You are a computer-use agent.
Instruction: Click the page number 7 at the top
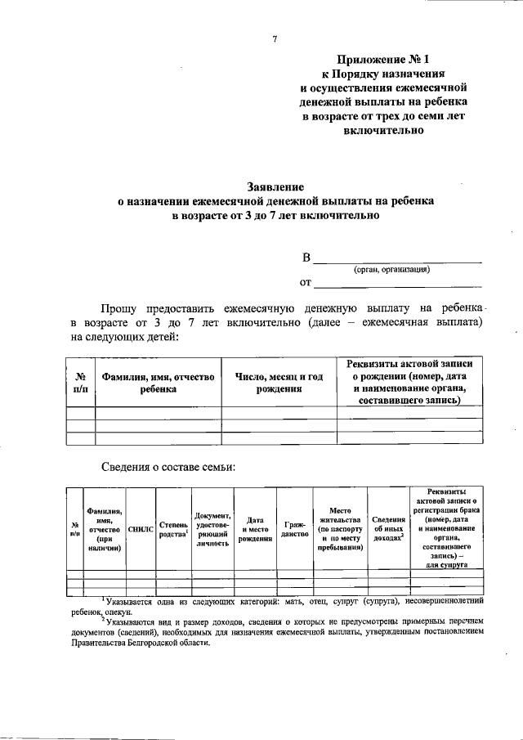[275, 38]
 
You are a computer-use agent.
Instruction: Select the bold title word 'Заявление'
[275, 186]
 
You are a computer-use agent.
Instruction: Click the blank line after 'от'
[398, 283]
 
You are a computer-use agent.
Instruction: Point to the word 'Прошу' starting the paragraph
[118, 309]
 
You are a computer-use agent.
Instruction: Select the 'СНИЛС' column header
[141, 530]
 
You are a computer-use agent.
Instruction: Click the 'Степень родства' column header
[173, 530]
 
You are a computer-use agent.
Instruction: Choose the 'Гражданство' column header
[294, 530]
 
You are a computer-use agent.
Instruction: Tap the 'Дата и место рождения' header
[255, 530]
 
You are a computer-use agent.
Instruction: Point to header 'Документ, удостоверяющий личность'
[212, 530]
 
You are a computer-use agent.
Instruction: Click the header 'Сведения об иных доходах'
[388, 530]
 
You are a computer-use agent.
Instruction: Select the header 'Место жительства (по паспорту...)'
[340, 530]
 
